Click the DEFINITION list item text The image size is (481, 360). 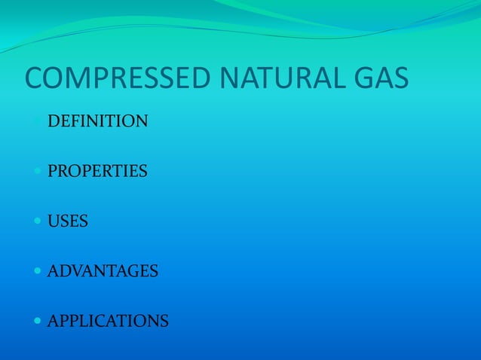coord(98,121)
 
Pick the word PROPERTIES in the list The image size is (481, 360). coord(97,172)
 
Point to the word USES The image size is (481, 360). coord(68,221)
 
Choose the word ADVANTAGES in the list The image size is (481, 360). coord(103,270)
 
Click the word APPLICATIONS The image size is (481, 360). coord(108,322)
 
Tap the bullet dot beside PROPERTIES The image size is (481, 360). coord(38,172)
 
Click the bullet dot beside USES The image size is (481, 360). coord(38,221)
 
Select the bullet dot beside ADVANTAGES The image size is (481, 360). coord(38,271)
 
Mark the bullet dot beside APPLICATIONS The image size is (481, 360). coord(38,322)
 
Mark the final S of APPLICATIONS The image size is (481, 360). coord(164,322)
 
